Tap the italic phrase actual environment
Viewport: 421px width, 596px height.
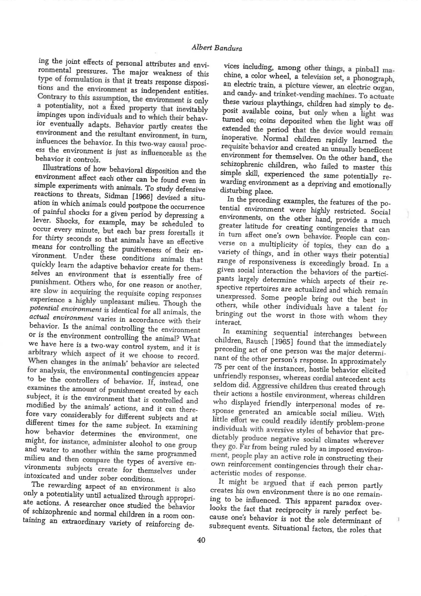click(61, 318)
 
